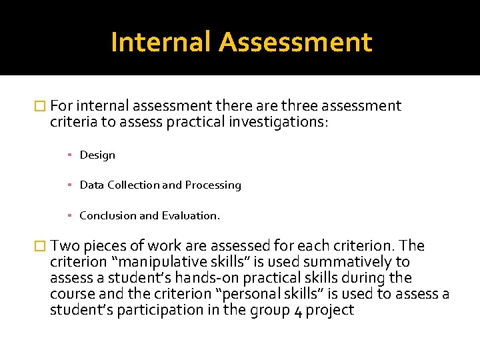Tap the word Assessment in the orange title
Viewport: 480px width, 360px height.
(x=295, y=41)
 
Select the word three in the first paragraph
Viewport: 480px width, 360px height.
(x=301, y=106)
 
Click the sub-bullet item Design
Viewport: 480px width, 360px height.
(x=97, y=155)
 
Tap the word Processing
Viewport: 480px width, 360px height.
(x=213, y=185)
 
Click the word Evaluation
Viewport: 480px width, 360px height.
(x=191, y=215)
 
